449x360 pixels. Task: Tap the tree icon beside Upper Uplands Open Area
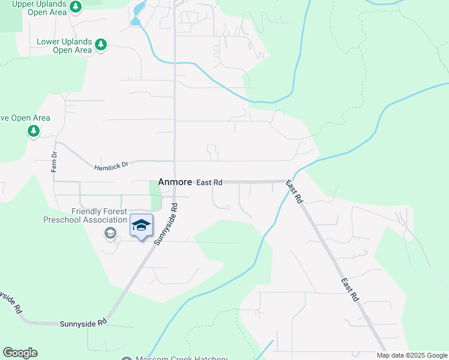(75, 7)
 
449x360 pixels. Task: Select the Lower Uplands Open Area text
(64, 46)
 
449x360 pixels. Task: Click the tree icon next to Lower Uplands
(101, 44)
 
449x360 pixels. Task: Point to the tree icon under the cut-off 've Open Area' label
(34, 131)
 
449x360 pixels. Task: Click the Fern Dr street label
(54, 163)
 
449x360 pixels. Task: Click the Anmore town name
(175, 181)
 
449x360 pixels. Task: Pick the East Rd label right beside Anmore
(209, 181)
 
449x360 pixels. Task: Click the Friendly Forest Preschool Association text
(85, 215)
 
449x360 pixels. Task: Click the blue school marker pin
(141, 226)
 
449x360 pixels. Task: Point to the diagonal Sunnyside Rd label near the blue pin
(166, 224)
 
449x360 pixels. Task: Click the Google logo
(20, 353)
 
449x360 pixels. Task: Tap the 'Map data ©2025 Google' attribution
(412, 355)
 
